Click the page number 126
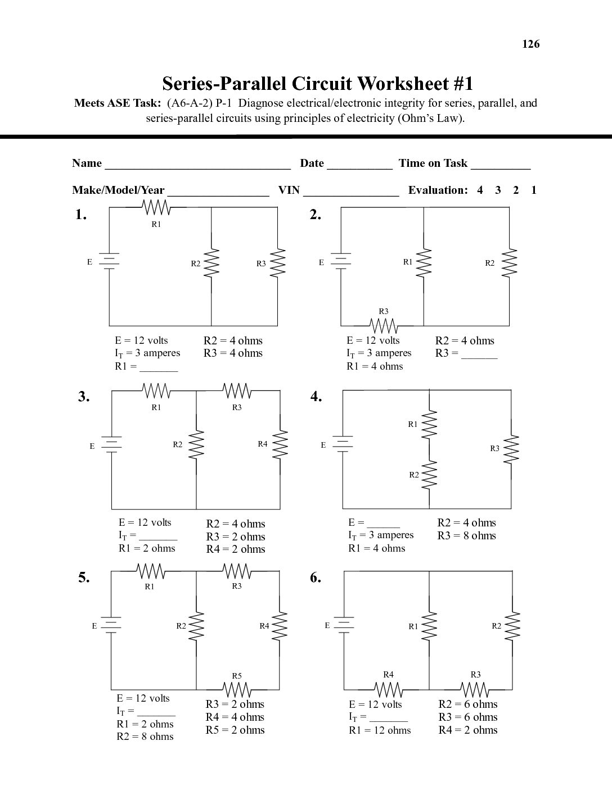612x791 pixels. click(530, 44)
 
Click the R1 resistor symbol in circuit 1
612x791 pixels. click(157, 208)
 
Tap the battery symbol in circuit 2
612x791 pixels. click(341, 261)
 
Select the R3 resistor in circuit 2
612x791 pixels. click(384, 325)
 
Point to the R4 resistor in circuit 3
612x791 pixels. click(280, 445)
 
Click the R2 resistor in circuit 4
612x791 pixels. click(429, 475)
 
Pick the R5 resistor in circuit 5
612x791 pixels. click(237, 689)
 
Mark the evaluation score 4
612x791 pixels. click(480, 190)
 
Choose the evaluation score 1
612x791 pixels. click(534, 190)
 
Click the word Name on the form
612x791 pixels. click(87, 163)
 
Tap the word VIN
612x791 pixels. click(289, 190)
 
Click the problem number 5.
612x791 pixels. click(84, 578)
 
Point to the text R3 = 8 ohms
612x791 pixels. click(466, 535)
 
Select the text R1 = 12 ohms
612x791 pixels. click(380, 730)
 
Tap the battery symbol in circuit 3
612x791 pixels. click(112, 444)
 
